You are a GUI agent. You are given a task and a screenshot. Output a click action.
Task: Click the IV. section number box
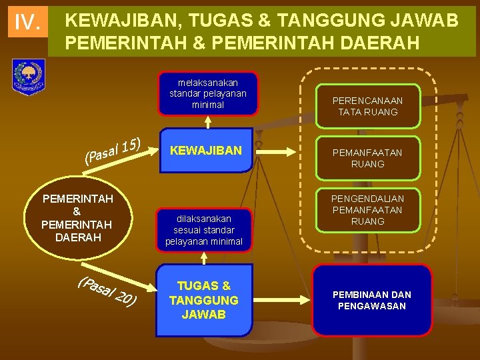(27, 23)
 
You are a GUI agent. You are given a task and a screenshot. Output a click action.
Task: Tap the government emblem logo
(29, 77)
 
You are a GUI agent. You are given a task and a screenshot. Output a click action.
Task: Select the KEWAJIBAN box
(206, 151)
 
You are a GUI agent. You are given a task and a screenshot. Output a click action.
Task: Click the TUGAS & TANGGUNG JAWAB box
(204, 301)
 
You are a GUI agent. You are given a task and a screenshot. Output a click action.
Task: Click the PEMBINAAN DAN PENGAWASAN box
(373, 301)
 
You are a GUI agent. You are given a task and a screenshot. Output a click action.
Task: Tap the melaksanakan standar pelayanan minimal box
(207, 93)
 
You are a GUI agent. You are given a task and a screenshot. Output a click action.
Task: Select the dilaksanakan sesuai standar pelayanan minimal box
(204, 229)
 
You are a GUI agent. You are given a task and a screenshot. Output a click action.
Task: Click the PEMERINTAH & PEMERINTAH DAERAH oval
(77, 218)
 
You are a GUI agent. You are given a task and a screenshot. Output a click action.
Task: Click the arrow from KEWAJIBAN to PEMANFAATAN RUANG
(283, 152)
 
